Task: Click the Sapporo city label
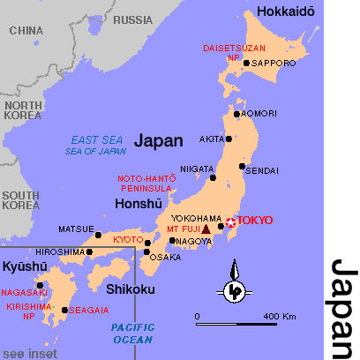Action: pos(274,64)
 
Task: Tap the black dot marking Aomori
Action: pos(236,114)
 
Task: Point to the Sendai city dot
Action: pos(243,166)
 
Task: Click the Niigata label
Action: pos(196,168)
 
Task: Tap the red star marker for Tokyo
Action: pos(231,221)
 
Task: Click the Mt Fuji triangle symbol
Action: pos(206,229)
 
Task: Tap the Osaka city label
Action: pos(166,258)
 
